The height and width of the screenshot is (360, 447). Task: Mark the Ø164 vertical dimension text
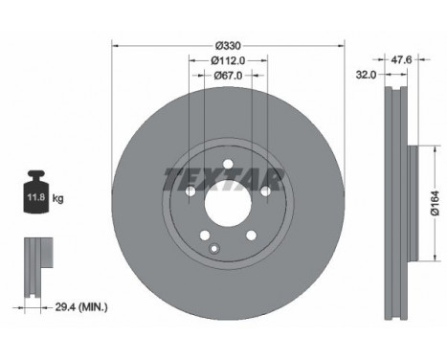click(x=432, y=201)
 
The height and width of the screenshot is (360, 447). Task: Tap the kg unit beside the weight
click(x=58, y=199)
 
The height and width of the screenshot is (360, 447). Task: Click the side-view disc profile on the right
click(x=394, y=201)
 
